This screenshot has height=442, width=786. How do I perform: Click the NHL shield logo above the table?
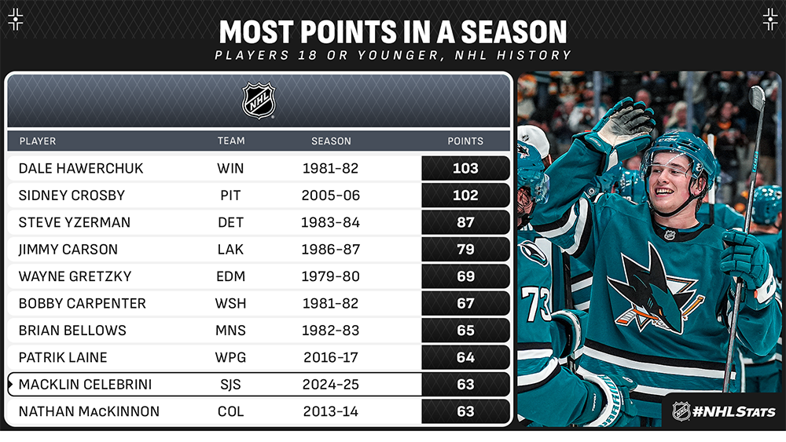pos(259,100)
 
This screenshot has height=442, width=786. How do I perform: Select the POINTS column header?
pos(465,141)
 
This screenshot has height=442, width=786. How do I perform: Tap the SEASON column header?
pos(331,141)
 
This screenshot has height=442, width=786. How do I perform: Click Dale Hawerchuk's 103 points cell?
pos(465,168)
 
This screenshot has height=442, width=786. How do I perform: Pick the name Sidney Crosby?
pos(72,195)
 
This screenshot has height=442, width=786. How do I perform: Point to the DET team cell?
pos(230,222)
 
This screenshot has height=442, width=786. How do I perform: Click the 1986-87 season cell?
pos(330,250)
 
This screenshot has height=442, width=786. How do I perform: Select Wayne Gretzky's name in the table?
pos(75,276)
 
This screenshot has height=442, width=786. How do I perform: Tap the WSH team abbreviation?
pos(230,303)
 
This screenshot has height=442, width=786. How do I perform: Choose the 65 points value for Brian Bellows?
pos(465,331)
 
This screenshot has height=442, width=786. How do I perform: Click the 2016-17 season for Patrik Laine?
pos(331,357)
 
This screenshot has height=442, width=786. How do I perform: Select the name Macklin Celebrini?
pos(85,385)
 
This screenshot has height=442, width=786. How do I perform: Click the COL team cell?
pos(230,411)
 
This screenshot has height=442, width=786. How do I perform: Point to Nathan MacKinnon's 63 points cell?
pos(465,411)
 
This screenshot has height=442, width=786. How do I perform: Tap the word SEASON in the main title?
pos(514,32)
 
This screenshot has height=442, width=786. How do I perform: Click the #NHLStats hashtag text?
pos(733,412)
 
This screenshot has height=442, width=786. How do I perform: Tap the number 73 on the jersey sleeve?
pos(535,303)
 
